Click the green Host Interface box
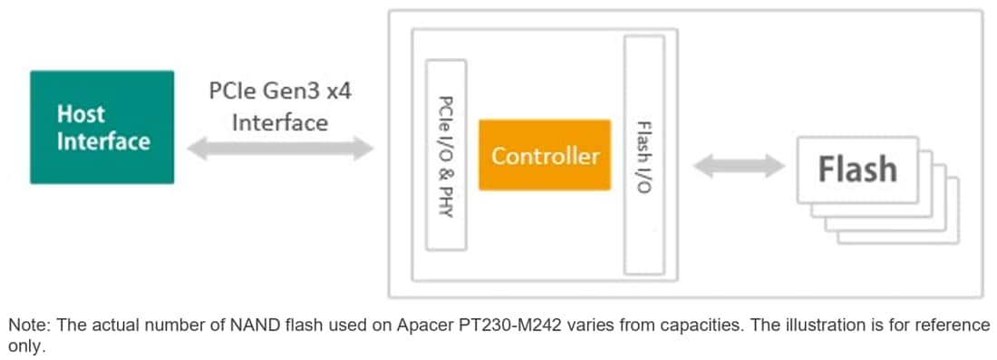coord(102,127)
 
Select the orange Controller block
coord(545,155)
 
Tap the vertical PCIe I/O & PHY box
coord(446,155)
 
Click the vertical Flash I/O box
coord(644,155)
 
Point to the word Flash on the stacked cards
coord(857,170)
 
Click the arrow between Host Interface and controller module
coord(280,149)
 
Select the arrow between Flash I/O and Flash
coord(738,166)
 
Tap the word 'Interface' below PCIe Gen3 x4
coord(280,122)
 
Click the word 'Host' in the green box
coord(81,114)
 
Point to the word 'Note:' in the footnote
coord(27,326)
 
